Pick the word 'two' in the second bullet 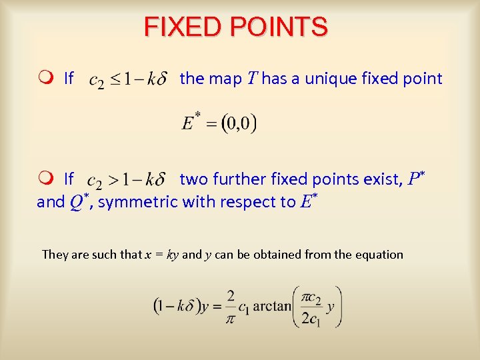pyautogui.click(x=194, y=179)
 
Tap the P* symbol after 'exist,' pyautogui.click(x=416, y=179)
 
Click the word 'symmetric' pyautogui.click(x=137, y=201)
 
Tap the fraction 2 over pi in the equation pyautogui.click(x=230, y=307)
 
